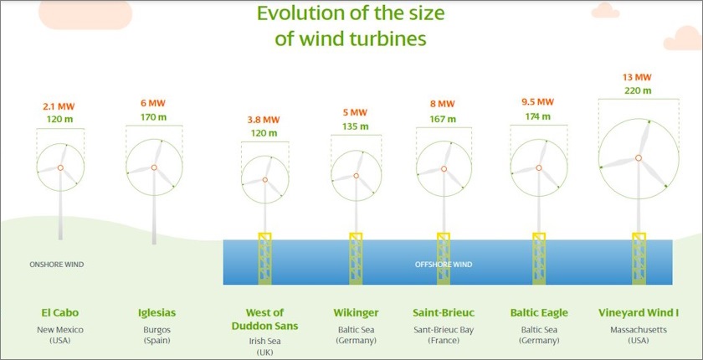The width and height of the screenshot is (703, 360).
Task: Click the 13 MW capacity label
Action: [638, 77]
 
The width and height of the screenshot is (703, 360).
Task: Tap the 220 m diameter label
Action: [638, 90]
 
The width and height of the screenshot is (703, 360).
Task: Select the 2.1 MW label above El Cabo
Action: [60, 107]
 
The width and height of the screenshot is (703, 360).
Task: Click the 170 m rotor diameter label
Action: [154, 119]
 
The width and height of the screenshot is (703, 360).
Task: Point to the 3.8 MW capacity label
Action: [264, 120]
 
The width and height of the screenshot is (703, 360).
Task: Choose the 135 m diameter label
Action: [357, 126]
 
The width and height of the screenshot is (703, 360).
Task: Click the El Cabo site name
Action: [60, 313]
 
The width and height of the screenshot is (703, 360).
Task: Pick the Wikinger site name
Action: [355, 313]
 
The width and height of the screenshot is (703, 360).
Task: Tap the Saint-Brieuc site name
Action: [444, 313]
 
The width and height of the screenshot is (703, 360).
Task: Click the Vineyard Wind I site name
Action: [639, 313]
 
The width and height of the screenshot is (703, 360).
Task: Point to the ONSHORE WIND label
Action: [56, 265]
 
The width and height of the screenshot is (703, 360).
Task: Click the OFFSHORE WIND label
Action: [444, 265]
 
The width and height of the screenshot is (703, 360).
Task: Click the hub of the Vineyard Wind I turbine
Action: [638, 157]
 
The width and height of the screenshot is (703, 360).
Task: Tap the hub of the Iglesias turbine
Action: [154, 167]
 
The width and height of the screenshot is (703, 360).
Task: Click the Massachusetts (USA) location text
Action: [639, 335]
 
